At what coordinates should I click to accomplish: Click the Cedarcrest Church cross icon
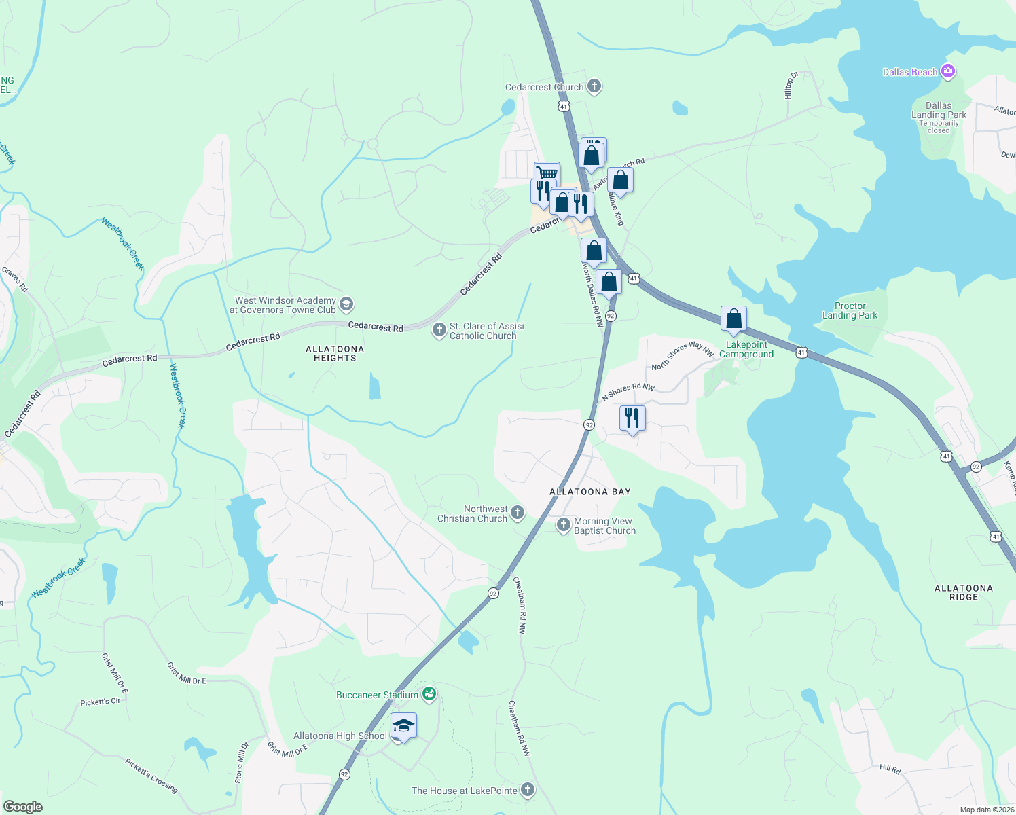[594, 86]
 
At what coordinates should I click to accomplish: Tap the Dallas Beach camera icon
[949, 71]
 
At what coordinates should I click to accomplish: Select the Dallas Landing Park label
[939, 111]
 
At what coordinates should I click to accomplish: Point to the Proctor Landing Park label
[850, 311]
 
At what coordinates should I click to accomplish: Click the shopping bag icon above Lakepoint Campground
[734, 319]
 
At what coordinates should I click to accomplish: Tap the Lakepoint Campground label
[746, 349]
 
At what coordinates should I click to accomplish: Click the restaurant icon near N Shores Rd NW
[632, 418]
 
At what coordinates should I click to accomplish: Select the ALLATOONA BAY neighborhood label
[589, 492]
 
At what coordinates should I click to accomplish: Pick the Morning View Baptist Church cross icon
[564, 525]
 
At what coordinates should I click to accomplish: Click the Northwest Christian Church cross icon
[518, 513]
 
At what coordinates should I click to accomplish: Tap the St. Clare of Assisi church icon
[439, 330]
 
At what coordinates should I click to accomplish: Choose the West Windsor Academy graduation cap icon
[346, 304]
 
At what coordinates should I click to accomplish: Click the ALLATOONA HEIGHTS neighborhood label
[335, 353]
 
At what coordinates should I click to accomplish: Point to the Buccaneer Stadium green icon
[429, 694]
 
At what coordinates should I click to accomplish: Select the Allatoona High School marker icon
[403, 726]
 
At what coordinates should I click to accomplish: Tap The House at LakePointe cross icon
[528, 790]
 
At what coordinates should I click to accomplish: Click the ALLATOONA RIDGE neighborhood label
[963, 592]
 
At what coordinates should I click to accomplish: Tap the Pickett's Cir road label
[100, 702]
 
